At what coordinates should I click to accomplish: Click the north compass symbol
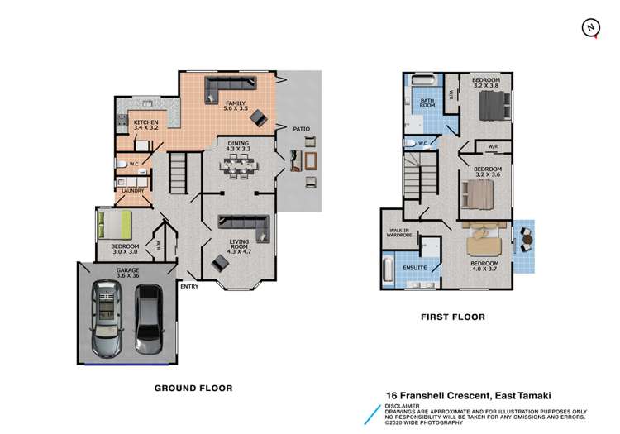pyautogui.click(x=590, y=27)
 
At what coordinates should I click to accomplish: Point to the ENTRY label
pyautogui.click(x=189, y=286)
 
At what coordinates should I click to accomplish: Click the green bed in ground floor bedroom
pyautogui.click(x=114, y=224)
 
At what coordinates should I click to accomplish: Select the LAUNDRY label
pyautogui.click(x=132, y=191)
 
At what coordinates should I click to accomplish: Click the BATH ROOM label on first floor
pyautogui.click(x=427, y=103)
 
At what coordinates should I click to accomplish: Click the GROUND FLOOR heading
pyautogui.click(x=193, y=388)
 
